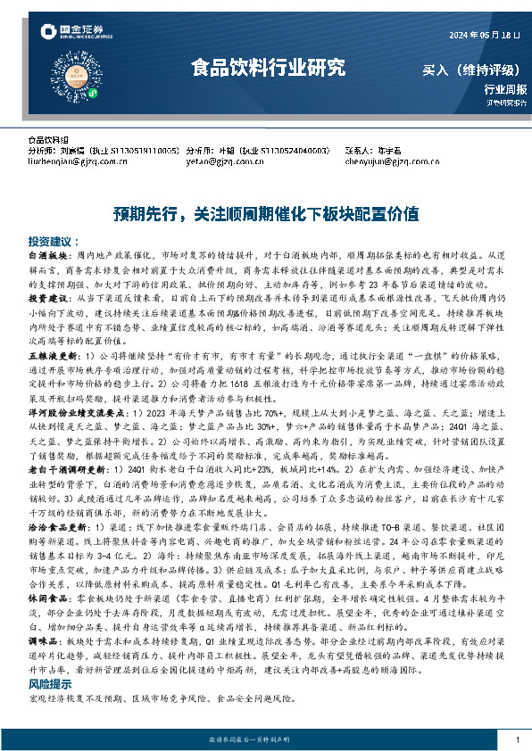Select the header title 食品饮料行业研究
(x=266, y=67)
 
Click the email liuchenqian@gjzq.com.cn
(x=72, y=161)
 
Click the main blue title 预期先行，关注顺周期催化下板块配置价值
(x=266, y=214)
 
